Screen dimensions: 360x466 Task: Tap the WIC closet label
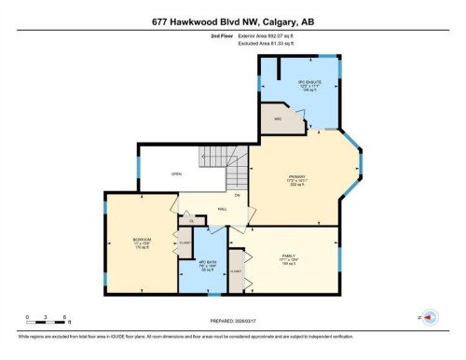[x=278, y=120]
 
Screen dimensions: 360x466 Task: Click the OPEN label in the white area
[x=175, y=174]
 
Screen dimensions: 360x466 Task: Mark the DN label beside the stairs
[x=238, y=194]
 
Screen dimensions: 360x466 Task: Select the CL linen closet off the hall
[x=191, y=221]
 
